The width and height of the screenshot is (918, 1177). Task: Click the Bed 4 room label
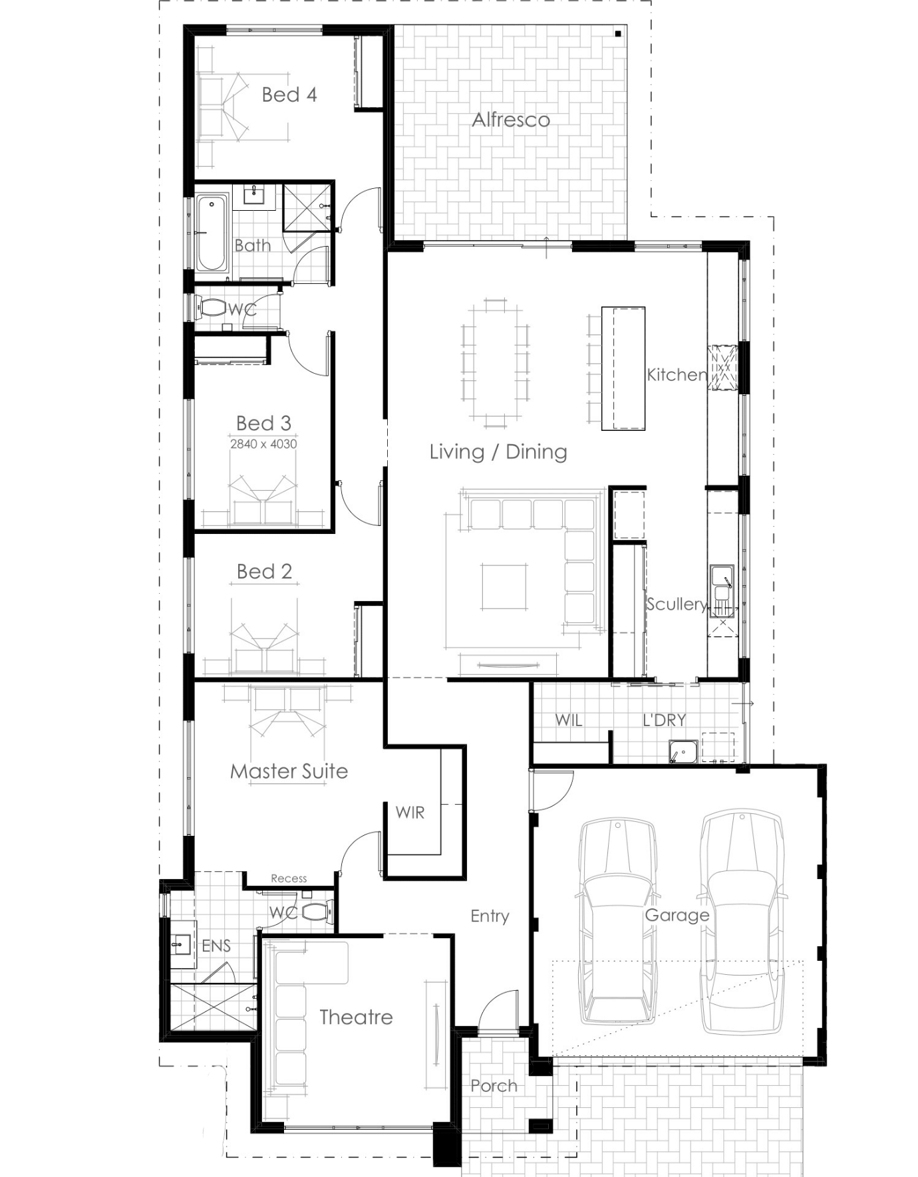click(289, 94)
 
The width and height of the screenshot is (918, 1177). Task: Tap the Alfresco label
click(511, 120)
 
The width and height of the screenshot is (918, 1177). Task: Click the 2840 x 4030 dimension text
click(263, 444)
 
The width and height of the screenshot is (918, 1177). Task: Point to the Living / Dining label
click(498, 452)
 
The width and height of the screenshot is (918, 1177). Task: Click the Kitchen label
click(677, 374)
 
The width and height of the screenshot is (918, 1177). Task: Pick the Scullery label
click(676, 604)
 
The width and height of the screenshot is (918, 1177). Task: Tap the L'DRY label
click(664, 719)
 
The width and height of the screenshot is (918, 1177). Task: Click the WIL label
click(569, 719)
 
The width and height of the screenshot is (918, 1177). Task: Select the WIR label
click(410, 812)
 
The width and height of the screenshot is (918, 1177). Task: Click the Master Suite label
click(289, 771)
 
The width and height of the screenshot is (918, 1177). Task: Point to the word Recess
click(289, 878)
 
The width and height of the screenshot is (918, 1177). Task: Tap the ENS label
click(216, 946)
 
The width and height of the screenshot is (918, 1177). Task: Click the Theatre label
click(356, 1017)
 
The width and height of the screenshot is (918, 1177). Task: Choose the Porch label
click(494, 1086)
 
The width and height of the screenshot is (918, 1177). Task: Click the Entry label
click(490, 916)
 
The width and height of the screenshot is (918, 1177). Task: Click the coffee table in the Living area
click(504, 587)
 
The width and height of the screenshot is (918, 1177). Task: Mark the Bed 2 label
click(264, 571)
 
